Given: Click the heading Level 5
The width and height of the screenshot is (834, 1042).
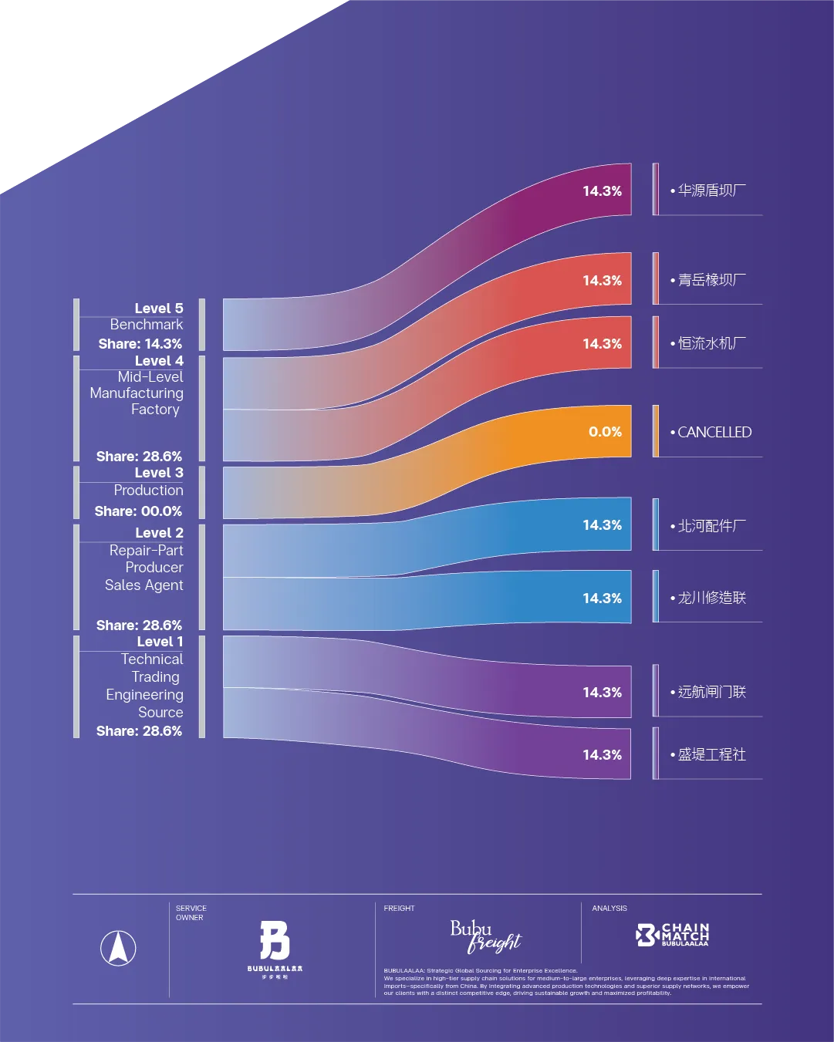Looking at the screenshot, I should click(158, 309).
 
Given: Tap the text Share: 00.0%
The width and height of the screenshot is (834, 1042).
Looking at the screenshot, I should click(138, 511).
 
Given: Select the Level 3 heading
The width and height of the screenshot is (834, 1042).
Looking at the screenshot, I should click(158, 473).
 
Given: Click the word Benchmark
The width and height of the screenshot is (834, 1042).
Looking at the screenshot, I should click(146, 325).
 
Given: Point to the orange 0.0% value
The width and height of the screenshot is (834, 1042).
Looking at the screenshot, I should click(605, 432).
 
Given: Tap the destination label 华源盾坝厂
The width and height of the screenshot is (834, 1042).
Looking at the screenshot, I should click(711, 191).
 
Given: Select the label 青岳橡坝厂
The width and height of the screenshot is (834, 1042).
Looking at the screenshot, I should click(711, 280).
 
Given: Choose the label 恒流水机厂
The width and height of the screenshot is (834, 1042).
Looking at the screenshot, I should click(711, 343).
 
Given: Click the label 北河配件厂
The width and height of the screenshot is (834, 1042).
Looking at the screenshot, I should click(711, 526).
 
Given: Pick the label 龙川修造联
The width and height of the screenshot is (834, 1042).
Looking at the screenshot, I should click(711, 598).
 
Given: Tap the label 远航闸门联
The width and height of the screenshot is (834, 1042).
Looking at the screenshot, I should click(711, 692).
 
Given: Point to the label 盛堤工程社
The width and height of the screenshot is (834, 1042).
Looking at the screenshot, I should click(711, 754).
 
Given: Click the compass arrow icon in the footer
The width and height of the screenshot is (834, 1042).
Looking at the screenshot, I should click(118, 948).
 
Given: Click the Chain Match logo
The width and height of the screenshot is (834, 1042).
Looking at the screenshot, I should click(672, 935).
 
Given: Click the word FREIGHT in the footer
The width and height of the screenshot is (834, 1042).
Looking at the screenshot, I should click(399, 909).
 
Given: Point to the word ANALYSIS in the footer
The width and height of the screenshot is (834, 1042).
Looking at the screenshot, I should click(609, 909).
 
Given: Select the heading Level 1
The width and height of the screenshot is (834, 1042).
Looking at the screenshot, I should click(160, 642).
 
